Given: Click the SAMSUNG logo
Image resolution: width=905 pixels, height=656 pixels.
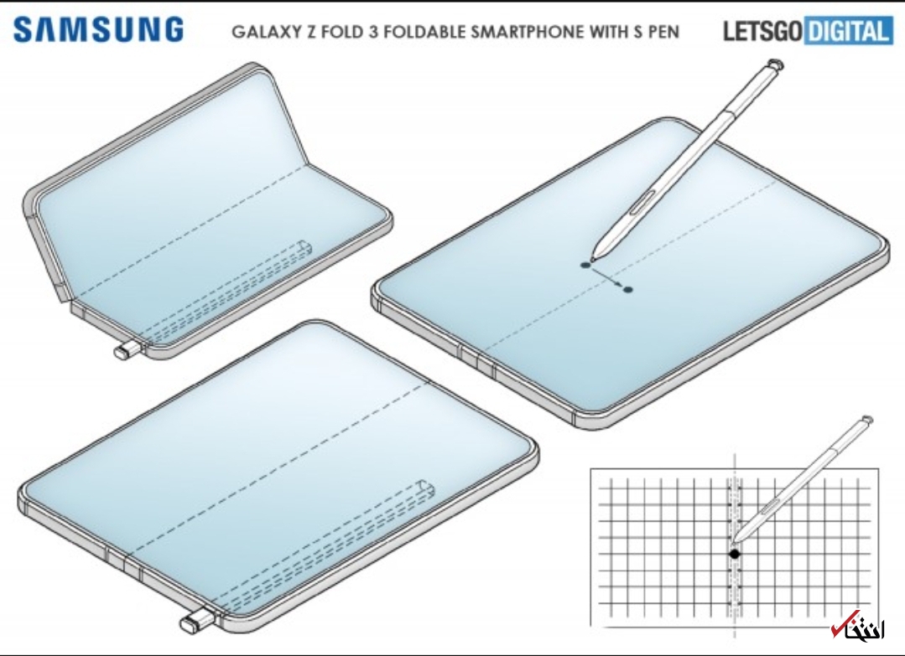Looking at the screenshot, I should [97, 30].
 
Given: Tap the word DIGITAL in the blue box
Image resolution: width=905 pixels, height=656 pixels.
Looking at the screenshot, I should [848, 33].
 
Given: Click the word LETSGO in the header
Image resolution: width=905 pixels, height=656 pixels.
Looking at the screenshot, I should [762, 33].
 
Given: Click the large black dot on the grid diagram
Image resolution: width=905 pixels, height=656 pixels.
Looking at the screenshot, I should [735, 554].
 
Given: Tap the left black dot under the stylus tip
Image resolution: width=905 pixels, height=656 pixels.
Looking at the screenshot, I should [585, 265].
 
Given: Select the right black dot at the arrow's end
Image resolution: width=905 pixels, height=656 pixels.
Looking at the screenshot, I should [628, 290].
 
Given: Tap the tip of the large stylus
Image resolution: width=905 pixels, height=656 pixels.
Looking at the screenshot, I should [594, 256].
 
